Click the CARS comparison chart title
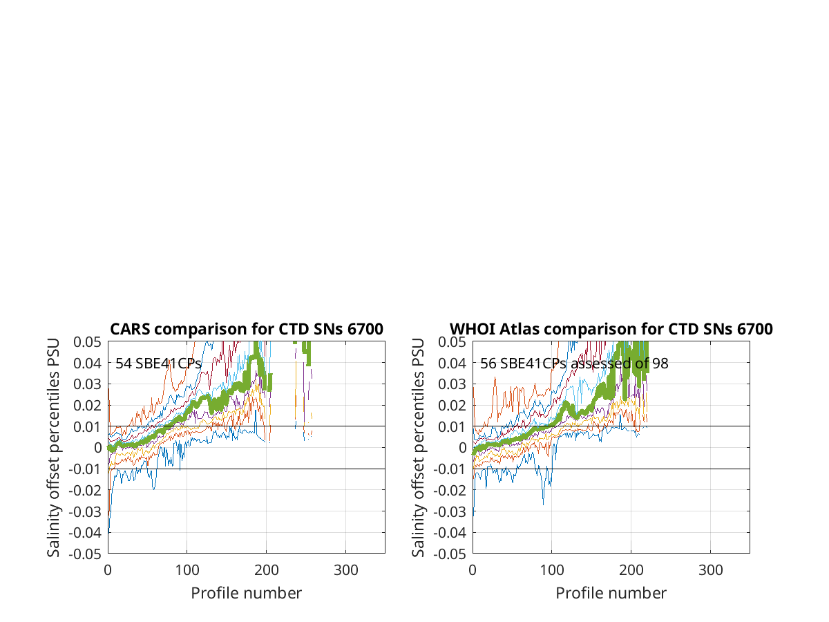point(246,329)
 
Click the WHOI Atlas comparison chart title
point(611,329)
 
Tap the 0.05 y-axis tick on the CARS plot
point(87,342)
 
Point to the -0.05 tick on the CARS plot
point(85,554)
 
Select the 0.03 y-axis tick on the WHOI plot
point(452,384)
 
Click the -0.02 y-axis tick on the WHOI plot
point(450,490)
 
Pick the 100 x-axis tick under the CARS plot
point(187,570)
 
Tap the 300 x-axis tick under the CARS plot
point(345,570)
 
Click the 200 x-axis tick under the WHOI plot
point(631,570)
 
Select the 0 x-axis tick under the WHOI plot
point(473,570)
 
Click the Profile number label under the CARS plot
point(246,593)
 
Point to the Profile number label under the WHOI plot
point(611,593)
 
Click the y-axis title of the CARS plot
point(53,448)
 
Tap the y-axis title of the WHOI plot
point(418,448)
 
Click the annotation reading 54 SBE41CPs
point(158,364)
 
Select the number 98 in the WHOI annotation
point(660,364)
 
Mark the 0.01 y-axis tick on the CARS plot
point(87,426)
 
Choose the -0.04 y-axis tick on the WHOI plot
point(450,533)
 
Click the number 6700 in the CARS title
point(365,329)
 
